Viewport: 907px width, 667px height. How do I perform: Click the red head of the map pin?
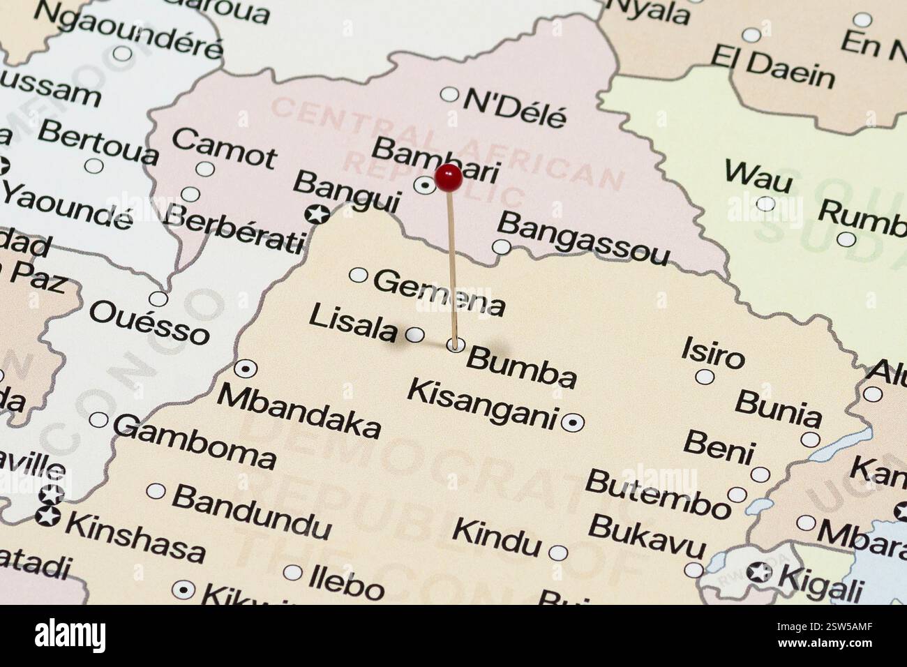448,179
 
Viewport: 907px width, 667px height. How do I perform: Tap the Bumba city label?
521,367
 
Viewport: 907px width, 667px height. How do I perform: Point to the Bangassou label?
582,239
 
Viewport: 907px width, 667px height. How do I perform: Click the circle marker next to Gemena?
358,275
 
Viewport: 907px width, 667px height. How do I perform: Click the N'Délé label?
515,109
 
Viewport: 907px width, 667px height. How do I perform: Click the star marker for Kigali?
759,573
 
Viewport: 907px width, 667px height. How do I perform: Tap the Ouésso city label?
149,322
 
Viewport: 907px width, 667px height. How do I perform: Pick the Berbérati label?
234,227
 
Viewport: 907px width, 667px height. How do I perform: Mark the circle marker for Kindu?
558,553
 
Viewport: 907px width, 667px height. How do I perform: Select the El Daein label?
772,68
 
